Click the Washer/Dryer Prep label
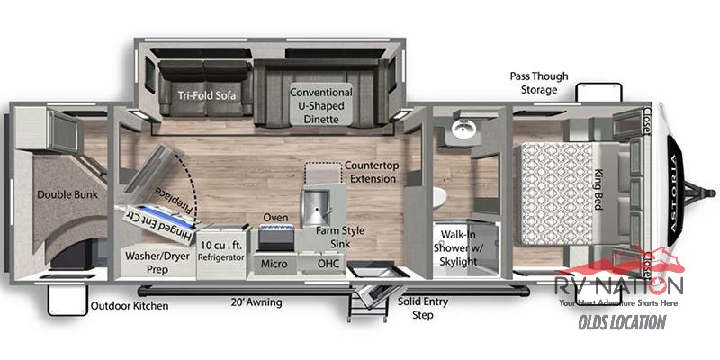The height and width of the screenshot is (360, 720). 155,261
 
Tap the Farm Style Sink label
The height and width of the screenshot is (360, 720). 340,238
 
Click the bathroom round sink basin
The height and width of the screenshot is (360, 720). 465,131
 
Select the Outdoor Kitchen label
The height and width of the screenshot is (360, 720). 130,306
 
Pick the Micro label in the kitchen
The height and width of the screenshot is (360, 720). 274,263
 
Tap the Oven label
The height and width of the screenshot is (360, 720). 275,218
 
